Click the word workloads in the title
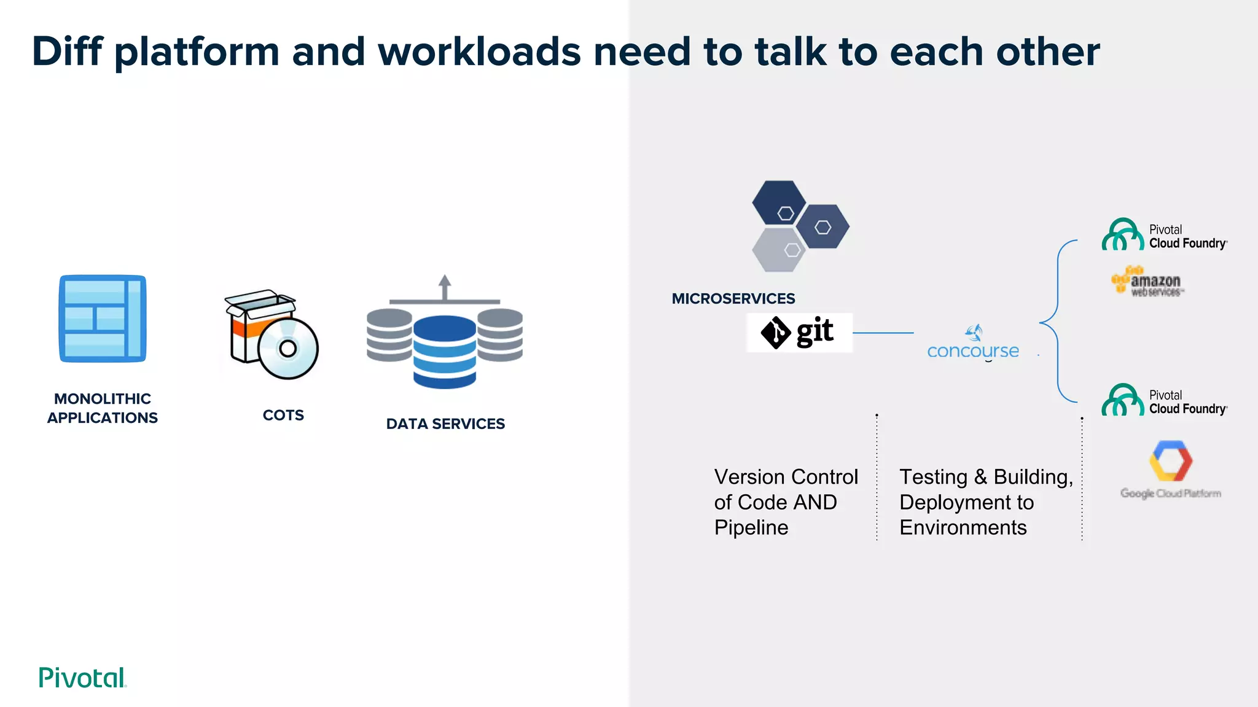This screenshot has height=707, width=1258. tap(479, 52)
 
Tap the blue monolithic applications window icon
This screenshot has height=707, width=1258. tap(103, 319)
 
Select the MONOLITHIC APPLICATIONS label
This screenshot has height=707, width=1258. tap(103, 408)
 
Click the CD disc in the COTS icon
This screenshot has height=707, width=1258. tap(287, 349)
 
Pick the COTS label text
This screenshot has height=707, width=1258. tap(283, 415)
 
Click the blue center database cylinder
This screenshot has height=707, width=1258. tap(445, 353)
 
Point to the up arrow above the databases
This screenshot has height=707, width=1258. tap(445, 287)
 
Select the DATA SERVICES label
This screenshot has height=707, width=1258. tap(445, 424)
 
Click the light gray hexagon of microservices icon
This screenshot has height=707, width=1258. tap(778, 250)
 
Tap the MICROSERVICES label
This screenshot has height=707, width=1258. tap(733, 299)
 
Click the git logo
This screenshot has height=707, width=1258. tap(799, 333)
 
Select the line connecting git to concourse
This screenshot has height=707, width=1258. tap(883, 333)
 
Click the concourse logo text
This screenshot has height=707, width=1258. tap(972, 351)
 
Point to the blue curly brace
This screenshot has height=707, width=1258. tap(1058, 322)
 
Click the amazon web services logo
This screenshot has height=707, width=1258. tap(1147, 282)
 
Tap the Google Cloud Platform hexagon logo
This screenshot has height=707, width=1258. tap(1170, 461)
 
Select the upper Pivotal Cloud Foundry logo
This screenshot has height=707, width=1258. tap(1163, 236)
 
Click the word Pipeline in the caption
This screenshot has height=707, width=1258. tap(751, 528)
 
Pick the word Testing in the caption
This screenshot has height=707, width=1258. tap(933, 477)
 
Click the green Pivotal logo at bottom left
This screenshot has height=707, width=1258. tap(82, 678)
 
